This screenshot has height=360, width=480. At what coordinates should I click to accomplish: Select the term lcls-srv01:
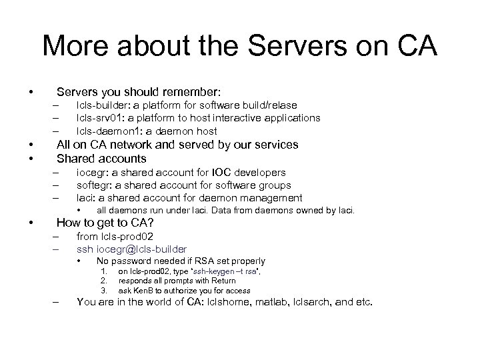[101, 118]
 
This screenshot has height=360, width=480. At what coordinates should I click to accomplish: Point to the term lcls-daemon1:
[107, 131]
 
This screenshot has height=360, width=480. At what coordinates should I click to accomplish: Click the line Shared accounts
[101, 159]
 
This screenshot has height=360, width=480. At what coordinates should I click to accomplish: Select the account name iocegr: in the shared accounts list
[93, 173]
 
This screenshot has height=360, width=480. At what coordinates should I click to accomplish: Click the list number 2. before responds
[104, 281]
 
